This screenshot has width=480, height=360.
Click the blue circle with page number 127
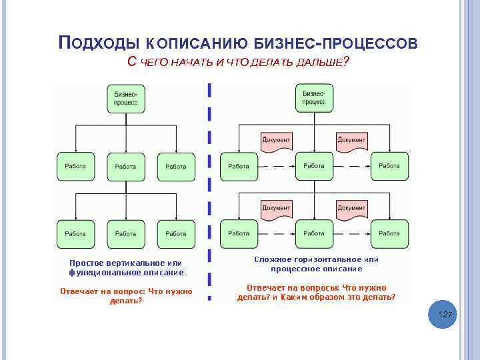[x=445, y=314]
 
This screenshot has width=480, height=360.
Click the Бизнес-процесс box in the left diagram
[x=126, y=99]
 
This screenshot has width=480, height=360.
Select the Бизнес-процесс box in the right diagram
[x=314, y=98]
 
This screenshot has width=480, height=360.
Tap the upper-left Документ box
[x=276, y=140]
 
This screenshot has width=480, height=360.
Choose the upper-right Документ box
[x=351, y=140]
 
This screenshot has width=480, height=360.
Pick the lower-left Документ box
[x=276, y=208]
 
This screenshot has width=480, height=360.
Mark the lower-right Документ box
[x=351, y=208]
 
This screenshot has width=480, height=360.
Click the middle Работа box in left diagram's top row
[x=125, y=167]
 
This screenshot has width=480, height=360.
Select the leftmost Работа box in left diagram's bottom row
[x=75, y=234]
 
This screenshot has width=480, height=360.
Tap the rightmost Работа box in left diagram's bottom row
[x=176, y=234]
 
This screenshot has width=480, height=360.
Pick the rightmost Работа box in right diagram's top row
[x=389, y=166]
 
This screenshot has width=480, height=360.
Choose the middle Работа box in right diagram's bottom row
[x=314, y=233]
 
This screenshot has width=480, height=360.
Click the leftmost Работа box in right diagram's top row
[x=239, y=166]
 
